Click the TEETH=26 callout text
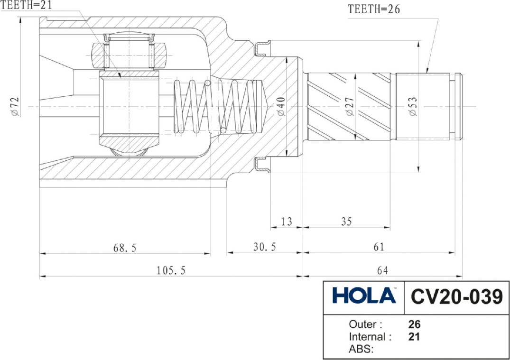[374, 9]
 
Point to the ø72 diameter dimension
[15, 107]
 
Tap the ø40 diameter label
[281, 106]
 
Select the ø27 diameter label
[350, 106]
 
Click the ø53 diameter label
[413, 106]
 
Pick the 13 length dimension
[286, 222]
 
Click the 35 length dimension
[346, 222]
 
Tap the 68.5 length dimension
[125, 248]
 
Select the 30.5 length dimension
[264, 247]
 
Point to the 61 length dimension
[379, 247]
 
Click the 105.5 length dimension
[171, 270]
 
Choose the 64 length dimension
[382, 270]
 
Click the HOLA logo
[364, 295]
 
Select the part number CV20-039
[457, 297]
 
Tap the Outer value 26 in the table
[414, 324]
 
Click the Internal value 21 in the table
[414, 337]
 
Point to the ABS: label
[361, 349]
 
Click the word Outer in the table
[362, 324]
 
